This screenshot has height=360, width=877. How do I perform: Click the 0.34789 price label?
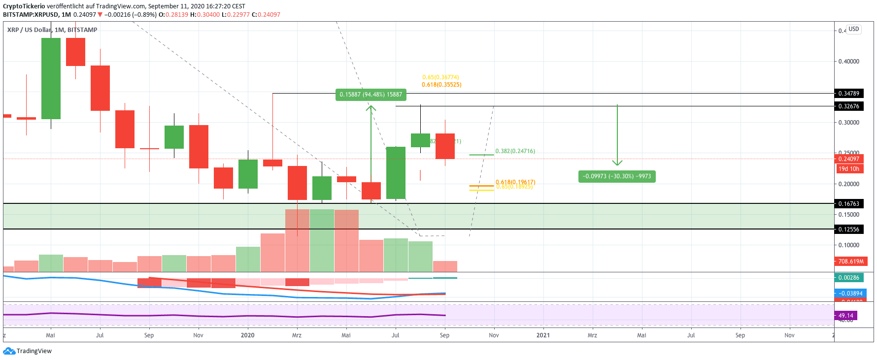(848, 94)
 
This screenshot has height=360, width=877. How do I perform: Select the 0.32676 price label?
(848, 106)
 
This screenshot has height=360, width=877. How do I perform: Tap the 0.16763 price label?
(848, 204)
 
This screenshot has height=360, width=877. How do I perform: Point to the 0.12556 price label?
(848, 229)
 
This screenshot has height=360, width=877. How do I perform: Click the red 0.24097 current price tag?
(848, 159)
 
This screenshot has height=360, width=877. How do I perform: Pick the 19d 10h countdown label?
(848, 169)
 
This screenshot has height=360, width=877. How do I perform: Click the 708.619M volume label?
(850, 262)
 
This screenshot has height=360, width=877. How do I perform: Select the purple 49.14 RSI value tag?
(845, 316)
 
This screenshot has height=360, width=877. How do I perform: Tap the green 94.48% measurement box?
(371, 95)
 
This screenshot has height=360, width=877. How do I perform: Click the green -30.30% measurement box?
(616, 176)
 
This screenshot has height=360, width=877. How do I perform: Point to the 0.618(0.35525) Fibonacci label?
(441, 85)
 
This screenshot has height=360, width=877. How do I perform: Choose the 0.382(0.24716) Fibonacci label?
(515, 151)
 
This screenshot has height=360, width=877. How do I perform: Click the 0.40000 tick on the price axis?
(848, 62)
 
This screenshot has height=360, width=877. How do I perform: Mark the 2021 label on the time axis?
(543, 335)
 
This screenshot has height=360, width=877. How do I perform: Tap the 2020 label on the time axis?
(247, 335)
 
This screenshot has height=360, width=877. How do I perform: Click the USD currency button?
(853, 29)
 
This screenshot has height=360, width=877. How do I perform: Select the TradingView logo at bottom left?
(28, 351)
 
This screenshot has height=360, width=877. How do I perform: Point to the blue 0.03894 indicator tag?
(850, 294)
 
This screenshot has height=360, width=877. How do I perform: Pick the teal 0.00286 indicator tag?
(848, 278)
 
